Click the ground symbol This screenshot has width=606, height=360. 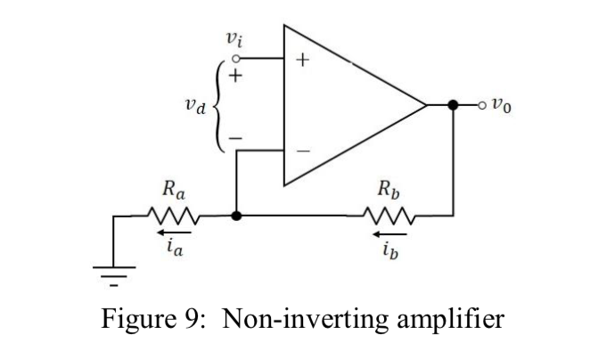(x=113, y=267)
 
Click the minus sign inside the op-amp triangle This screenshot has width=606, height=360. (x=303, y=151)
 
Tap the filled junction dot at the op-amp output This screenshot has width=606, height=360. (x=454, y=104)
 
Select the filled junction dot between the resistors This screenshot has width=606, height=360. (x=235, y=215)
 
